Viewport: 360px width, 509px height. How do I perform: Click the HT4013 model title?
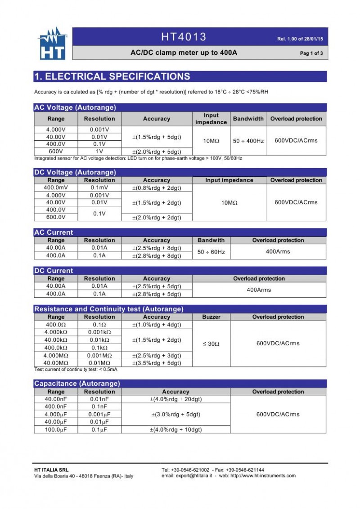(184, 37)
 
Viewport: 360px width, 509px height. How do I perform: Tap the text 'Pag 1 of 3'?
(311, 54)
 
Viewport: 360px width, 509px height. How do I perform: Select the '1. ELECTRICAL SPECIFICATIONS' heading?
(112, 76)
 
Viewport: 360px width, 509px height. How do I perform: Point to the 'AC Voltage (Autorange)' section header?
(75, 107)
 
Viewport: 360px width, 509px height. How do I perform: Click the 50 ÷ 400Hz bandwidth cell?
(248, 141)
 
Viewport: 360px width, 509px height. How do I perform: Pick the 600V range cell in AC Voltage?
(56, 152)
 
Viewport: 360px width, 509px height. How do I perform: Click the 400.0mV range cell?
(56, 188)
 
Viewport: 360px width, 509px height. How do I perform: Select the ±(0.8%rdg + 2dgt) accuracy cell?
(157, 188)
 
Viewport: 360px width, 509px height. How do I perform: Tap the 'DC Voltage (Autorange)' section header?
(75, 172)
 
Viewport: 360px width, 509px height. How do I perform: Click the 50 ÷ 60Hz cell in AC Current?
(211, 252)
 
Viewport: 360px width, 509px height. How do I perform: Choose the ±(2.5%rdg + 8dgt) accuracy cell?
(157, 248)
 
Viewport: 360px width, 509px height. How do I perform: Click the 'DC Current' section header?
(54, 271)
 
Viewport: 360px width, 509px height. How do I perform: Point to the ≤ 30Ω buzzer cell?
(211, 344)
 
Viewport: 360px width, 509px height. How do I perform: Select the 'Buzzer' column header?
(211, 317)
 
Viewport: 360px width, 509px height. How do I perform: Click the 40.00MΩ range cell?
(56, 363)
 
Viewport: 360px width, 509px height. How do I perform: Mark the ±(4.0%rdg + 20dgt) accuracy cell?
(175, 399)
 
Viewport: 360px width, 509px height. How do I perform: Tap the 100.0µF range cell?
(56, 429)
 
